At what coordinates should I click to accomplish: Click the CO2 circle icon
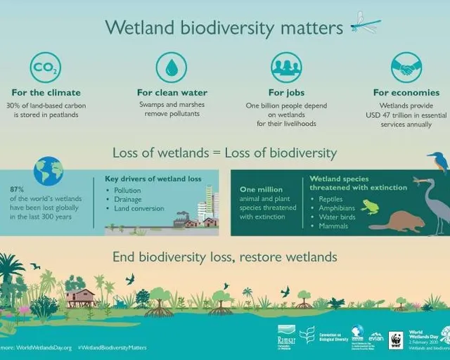(x=46, y=68)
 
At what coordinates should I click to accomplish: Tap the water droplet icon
(x=171, y=68)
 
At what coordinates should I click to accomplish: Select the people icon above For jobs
(x=286, y=68)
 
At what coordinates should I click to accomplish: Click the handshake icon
(x=406, y=68)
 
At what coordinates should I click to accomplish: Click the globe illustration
(x=49, y=171)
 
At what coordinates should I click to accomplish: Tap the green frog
(x=369, y=207)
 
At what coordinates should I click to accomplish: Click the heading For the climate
(x=46, y=93)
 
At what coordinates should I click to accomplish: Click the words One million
(x=261, y=189)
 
